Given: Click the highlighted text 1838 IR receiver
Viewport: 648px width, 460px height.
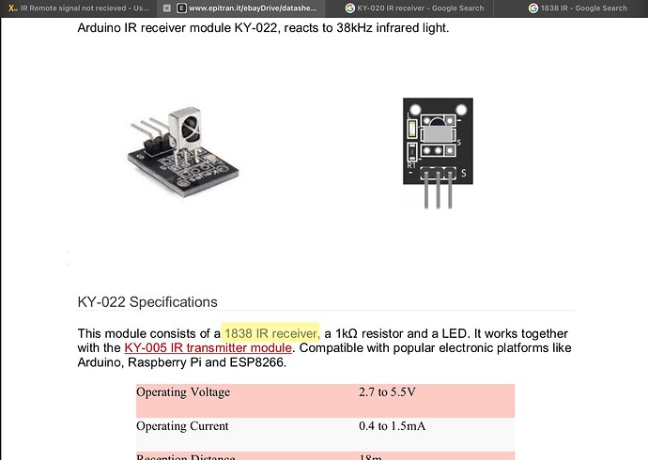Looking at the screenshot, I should (271, 332).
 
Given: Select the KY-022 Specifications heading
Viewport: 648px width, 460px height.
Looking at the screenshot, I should (147, 302).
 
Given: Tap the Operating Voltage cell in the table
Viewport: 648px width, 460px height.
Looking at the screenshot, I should (183, 391).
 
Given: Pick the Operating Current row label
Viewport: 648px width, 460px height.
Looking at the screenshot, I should (182, 425).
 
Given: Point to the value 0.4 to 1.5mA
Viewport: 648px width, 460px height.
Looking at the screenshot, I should (392, 425).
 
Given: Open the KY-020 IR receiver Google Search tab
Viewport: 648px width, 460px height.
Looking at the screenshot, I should (421, 8).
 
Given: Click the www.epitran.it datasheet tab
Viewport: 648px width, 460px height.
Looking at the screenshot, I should (253, 8).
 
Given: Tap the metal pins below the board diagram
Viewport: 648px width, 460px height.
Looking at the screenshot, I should (439, 192).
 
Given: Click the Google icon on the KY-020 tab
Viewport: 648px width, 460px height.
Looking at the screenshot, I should (350, 8).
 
